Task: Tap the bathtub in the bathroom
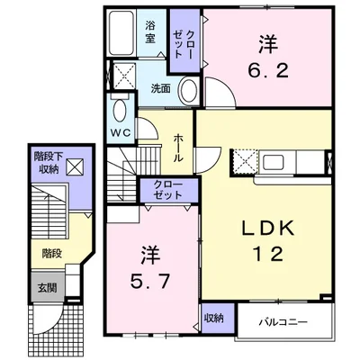point(121,33)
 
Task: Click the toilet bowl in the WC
point(120,111)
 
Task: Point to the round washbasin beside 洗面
point(189,91)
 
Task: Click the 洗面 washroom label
point(161,89)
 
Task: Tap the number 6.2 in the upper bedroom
point(268,71)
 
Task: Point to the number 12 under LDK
point(268,254)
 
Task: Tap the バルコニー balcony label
point(283,322)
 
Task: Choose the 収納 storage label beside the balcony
point(214,319)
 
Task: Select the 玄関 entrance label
point(47,288)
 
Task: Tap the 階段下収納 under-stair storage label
point(49,163)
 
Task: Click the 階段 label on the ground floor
point(52,254)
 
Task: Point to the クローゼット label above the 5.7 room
point(168,190)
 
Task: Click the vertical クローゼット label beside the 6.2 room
point(183,44)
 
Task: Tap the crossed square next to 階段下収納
point(75,166)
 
